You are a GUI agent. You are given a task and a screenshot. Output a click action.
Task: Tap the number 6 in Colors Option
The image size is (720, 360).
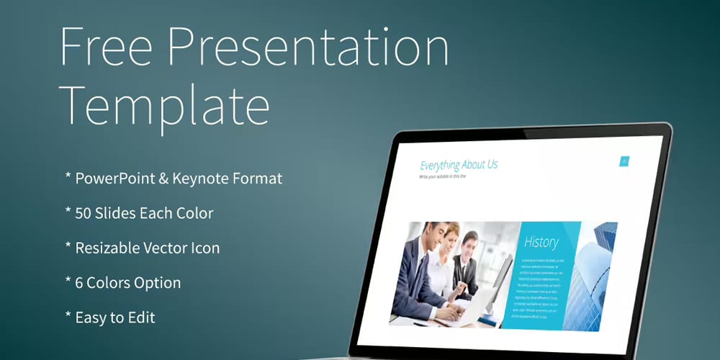(x=79, y=282)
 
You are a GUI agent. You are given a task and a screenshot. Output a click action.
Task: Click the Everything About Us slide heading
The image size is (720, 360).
(x=459, y=165)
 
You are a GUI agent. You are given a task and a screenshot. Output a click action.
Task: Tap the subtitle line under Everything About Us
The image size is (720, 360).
(x=442, y=176)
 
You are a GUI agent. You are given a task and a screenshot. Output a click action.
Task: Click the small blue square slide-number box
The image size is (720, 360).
(x=624, y=161)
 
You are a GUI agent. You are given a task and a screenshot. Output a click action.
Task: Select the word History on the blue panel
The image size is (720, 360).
(x=541, y=242)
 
